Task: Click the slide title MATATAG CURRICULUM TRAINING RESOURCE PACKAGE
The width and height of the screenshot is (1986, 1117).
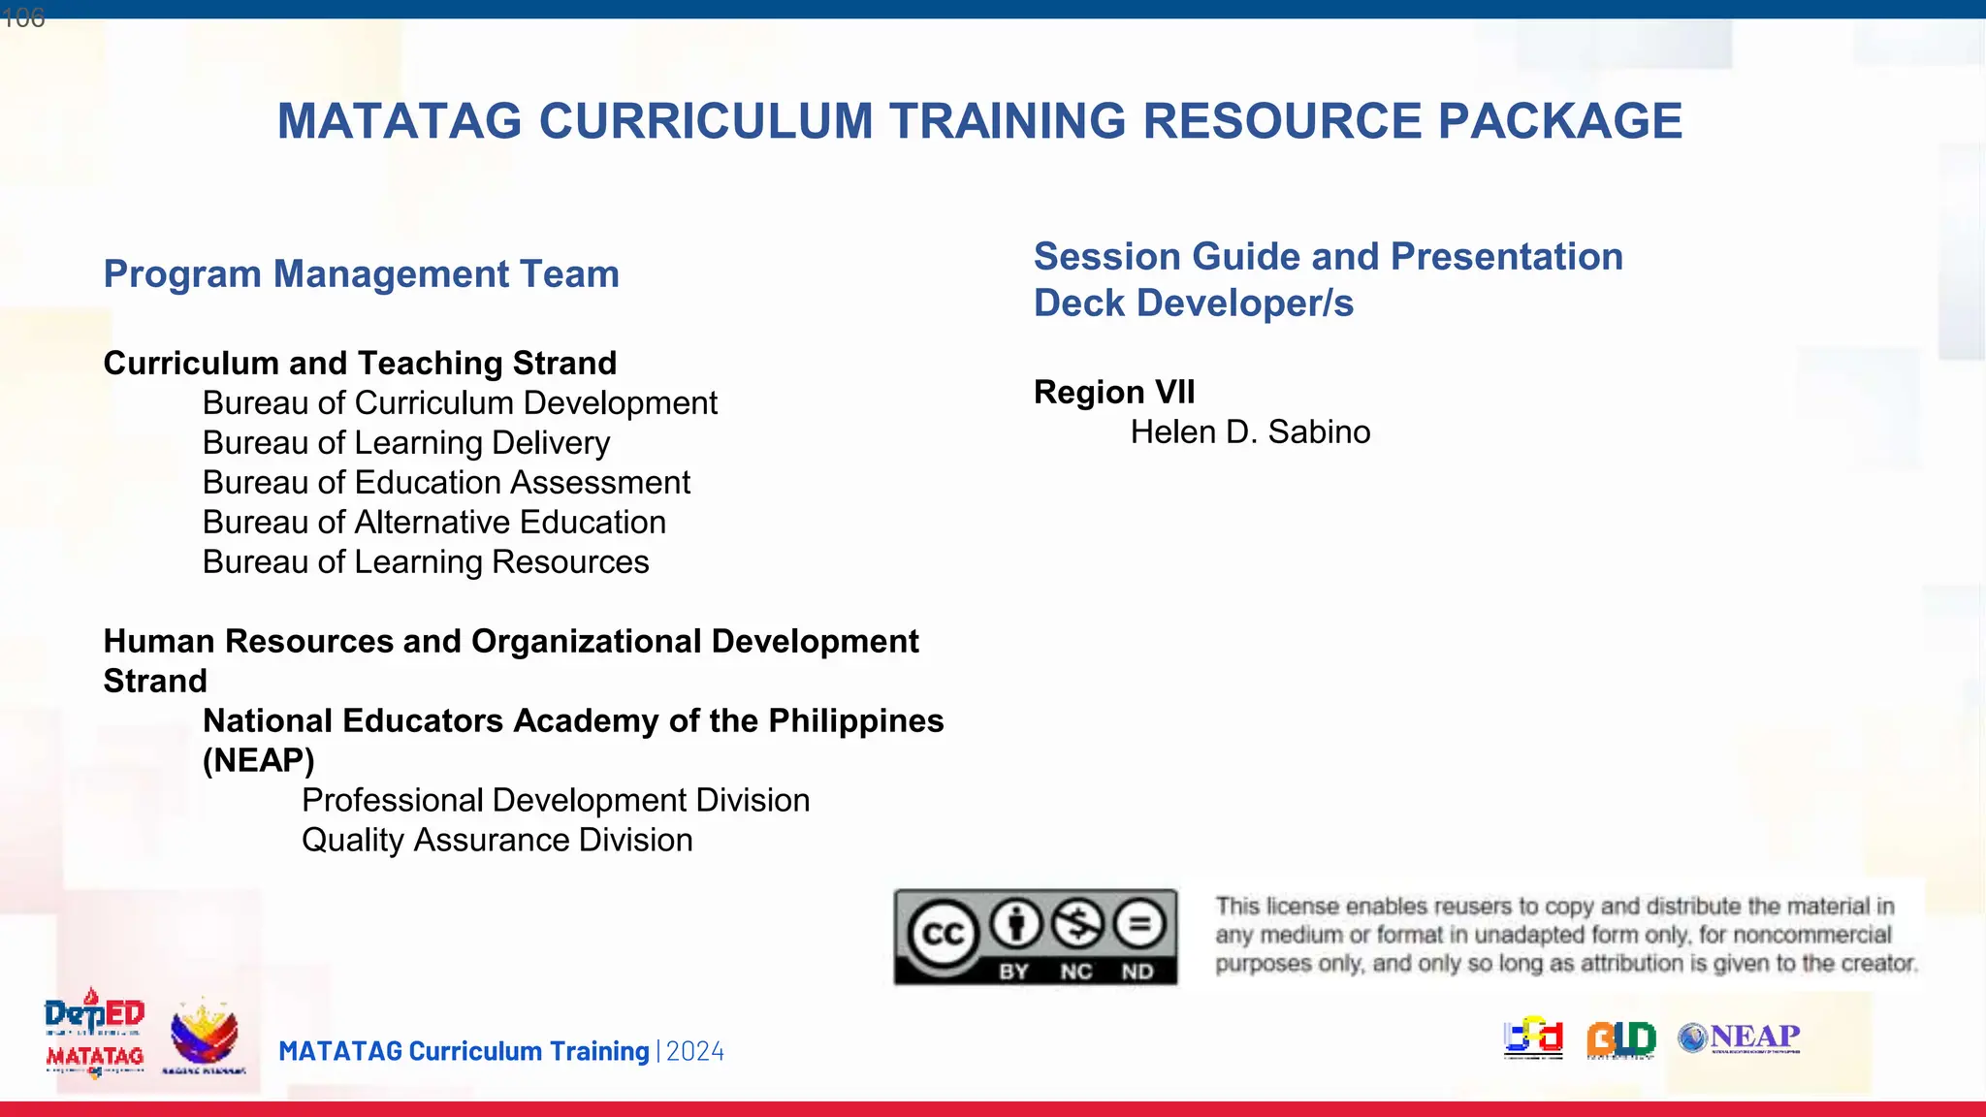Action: click(979, 122)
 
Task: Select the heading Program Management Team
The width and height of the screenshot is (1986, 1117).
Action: click(361, 274)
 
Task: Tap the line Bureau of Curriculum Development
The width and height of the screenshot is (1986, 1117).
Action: click(460, 403)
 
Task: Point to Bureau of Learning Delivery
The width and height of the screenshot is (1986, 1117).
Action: click(406, 443)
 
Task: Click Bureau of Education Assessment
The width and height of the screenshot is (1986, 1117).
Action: click(446, 483)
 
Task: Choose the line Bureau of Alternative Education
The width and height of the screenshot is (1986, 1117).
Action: click(433, 523)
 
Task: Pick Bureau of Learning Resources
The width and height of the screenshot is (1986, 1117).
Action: click(426, 562)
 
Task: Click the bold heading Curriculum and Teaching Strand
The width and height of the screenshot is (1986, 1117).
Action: click(360, 364)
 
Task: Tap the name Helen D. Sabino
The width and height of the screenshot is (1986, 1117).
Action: click(1250, 432)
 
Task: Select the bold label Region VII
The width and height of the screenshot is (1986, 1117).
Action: click(1114, 393)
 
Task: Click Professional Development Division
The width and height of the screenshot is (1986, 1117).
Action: click(556, 801)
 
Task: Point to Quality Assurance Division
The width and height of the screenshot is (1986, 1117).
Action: click(496, 841)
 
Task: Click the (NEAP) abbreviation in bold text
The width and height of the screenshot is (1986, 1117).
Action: click(259, 761)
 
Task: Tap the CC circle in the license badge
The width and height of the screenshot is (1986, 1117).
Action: click(943, 935)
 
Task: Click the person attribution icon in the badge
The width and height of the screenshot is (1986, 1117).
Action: click(1015, 923)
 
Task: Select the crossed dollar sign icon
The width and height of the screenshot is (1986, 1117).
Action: click(1078, 923)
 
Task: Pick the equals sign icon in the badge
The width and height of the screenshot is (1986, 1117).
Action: click(1139, 923)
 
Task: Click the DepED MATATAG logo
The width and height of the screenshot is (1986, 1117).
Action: click(94, 1034)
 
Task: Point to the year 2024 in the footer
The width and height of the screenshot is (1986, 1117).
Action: click(695, 1052)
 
